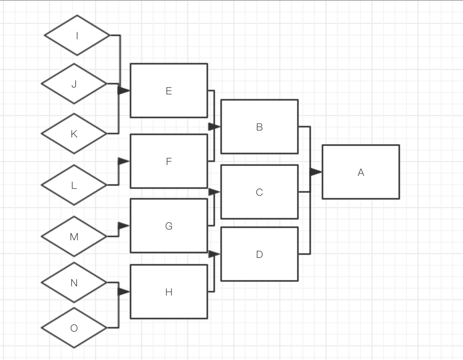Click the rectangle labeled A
pyautogui.click(x=360, y=172)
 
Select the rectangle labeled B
pyautogui.click(x=259, y=127)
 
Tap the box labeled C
pyautogui.click(x=259, y=192)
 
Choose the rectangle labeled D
pyautogui.click(x=259, y=254)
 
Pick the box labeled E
pyautogui.click(x=169, y=91)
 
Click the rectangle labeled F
pyautogui.click(x=169, y=161)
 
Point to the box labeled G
pyautogui.click(x=169, y=226)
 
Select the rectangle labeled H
pyautogui.click(x=169, y=292)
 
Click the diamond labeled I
pyautogui.click(x=77, y=35)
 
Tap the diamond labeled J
pyautogui.click(x=74, y=84)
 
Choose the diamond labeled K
pyautogui.click(x=74, y=134)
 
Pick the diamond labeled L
pyautogui.click(x=74, y=185)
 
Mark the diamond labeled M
pyautogui.click(x=74, y=236)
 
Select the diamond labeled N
pyautogui.click(x=74, y=282)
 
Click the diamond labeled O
pyautogui.click(x=74, y=328)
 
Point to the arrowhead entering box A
pyautogui.click(x=316, y=172)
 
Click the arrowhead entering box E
pyautogui.click(x=124, y=91)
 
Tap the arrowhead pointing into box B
pyautogui.click(x=214, y=126)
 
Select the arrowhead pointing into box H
pyautogui.click(x=124, y=292)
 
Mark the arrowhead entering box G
pyautogui.click(x=124, y=226)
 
